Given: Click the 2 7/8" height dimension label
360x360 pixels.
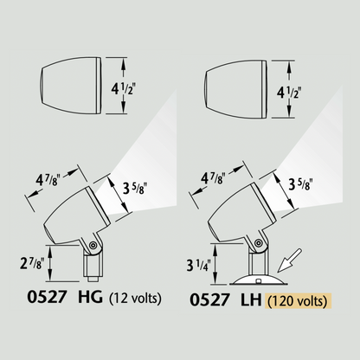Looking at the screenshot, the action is (x=31, y=263).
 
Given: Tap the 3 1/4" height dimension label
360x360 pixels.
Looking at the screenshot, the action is (x=199, y=265).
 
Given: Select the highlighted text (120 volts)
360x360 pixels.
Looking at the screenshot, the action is (x=299, y=301).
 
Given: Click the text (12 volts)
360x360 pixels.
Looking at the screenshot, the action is (x=135, y=298).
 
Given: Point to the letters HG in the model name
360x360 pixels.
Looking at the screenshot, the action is (x=90, y=297).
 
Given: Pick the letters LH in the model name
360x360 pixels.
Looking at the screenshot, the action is (x=251, y=300).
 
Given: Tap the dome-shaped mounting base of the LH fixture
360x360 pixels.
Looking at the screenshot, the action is (x=259, y=280).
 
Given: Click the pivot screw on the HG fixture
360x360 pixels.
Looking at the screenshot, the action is (x=93, y=245).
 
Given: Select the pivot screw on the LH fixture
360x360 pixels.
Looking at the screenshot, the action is (x=259, y=242).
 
